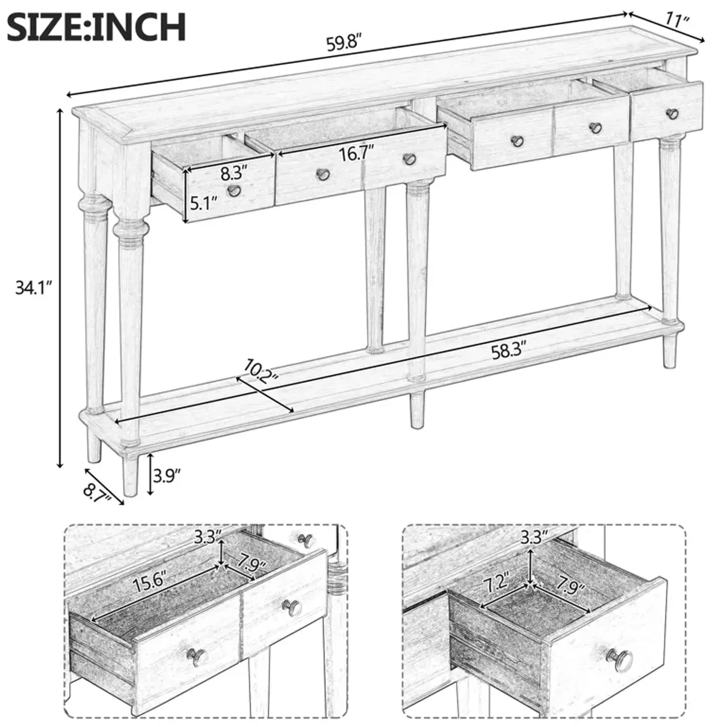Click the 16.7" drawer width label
click(x=356, y=154)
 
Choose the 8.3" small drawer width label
click(x=234, y=174)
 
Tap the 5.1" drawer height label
click(x=203, y=204)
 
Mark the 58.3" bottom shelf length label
click(x=508, y=352)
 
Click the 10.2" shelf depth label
click(x=260, y=372)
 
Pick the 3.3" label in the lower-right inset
click(x=531, y=536)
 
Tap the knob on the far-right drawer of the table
click(x=672, y=113)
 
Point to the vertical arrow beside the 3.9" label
click(x=150, y=474)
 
